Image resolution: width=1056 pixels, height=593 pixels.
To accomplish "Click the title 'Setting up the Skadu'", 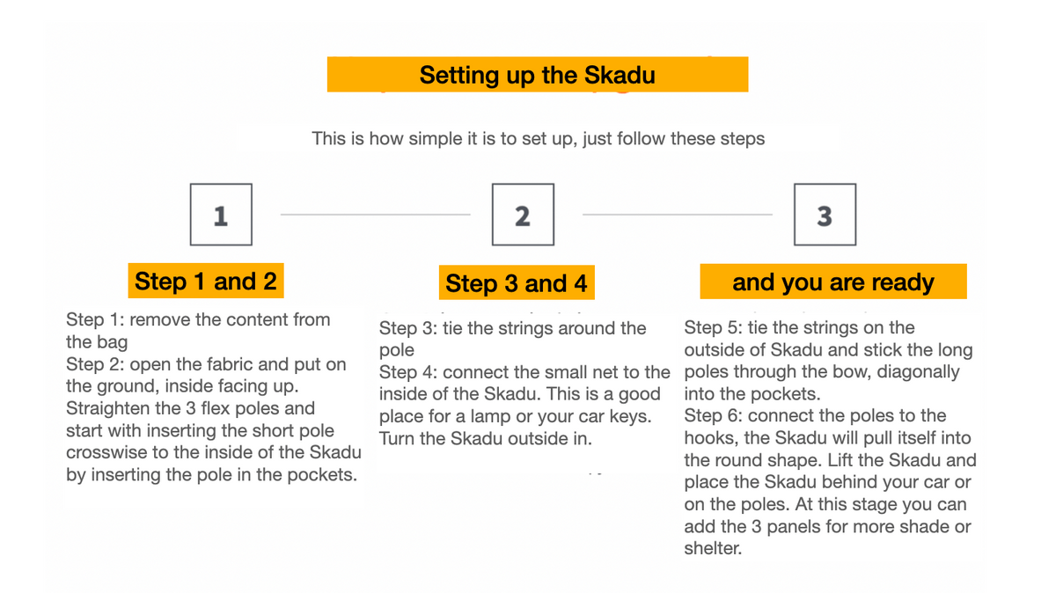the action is (x=538, y=75).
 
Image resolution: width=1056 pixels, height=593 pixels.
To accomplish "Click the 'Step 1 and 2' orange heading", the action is (x=206, y=281).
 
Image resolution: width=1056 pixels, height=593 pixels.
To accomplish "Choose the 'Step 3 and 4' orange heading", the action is (x=517, y=282).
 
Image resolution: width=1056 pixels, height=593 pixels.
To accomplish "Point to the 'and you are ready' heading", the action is (x=833, y=282).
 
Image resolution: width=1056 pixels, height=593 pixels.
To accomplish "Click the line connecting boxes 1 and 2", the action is (x=375, y=215).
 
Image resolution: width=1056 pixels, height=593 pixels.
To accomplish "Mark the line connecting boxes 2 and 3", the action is (x=678, y=215).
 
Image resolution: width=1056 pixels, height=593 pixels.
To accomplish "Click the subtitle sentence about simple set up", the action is (x=538, y=139).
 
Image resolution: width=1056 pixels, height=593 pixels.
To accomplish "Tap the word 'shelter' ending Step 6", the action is (x=713, y=548).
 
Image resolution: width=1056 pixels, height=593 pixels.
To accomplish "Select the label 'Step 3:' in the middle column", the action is (x=408, y=328).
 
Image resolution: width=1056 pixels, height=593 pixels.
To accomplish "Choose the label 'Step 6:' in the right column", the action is (x=714, y=416).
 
